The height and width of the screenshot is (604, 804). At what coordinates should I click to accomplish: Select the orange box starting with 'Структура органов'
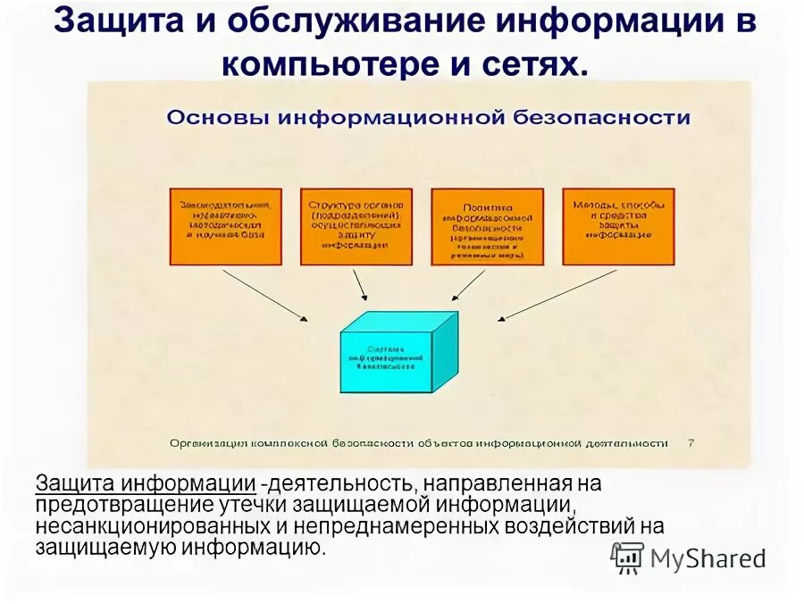click(x=356, y=227)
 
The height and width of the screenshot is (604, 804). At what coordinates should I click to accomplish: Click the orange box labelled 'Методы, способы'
click(x=617, y=227)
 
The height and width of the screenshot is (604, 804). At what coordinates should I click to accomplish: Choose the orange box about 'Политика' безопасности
click(x=487, y=227)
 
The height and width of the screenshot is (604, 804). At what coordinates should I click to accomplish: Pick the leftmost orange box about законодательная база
click(x=225, y=227)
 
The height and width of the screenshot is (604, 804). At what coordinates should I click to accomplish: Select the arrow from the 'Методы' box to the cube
click(x=557, y=294)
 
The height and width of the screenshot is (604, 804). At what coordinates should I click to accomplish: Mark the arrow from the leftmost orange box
click(x=265, y=294)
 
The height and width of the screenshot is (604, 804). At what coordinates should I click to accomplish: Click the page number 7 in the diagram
click(x=691, y=441)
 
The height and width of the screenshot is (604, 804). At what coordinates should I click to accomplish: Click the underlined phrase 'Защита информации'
click(x=147, y=484)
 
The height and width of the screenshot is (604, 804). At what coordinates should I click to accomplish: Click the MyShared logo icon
click(x=627, y=558)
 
